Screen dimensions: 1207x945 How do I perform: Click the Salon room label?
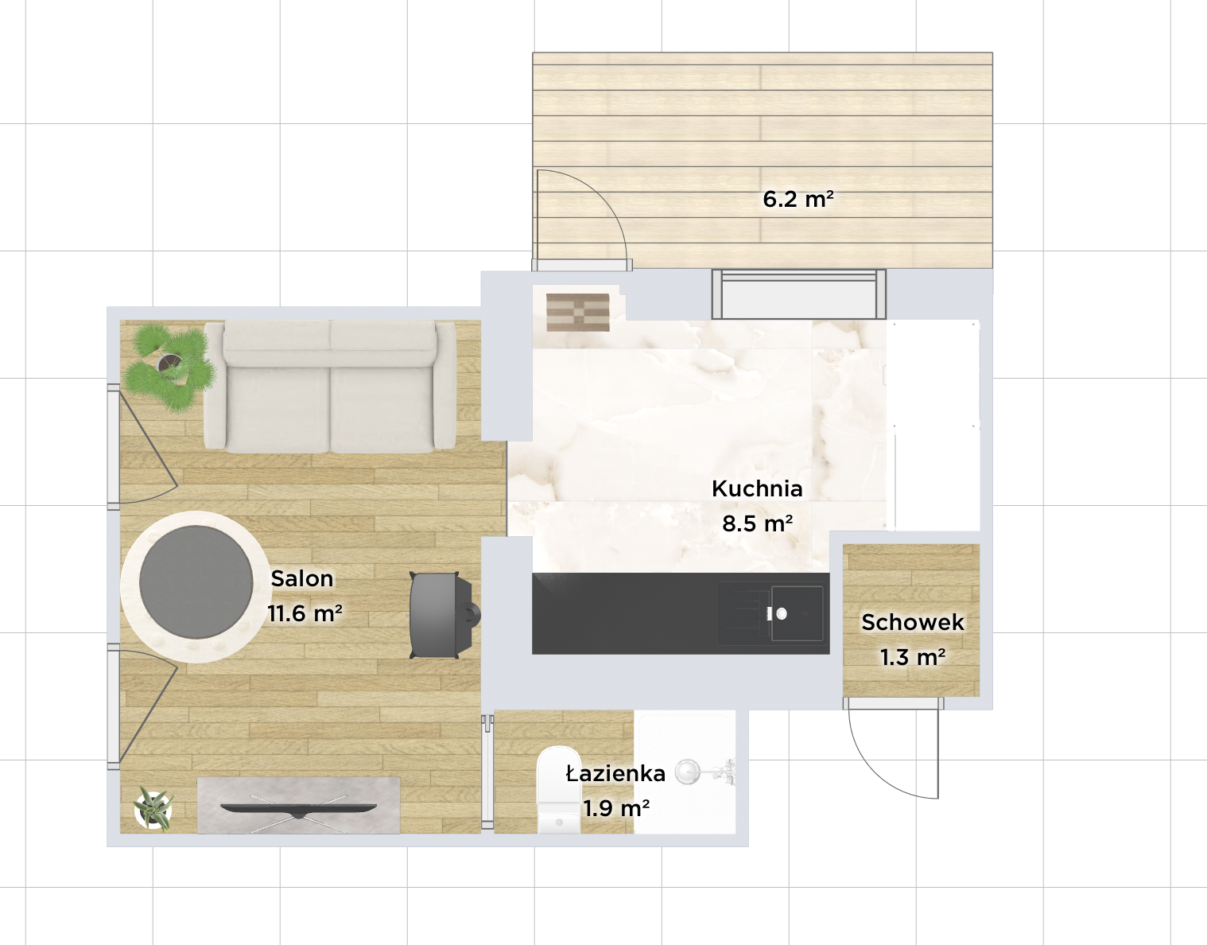point(301,579)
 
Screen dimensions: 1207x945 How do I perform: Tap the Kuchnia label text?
point(757,489)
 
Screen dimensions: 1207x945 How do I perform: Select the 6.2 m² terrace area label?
point(798,199)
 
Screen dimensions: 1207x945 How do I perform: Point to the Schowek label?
point(913,622)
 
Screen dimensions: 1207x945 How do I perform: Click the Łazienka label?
point(615,773)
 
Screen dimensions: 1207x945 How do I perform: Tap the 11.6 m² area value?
point(305,613)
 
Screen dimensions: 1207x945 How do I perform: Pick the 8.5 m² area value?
point(757,523)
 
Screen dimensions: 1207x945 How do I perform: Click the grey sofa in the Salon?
point(330,386)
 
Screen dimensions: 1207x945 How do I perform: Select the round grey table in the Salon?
point(196,581)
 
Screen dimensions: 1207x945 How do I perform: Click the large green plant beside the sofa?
point(169,367)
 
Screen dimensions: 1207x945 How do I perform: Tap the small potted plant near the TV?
point(153,810)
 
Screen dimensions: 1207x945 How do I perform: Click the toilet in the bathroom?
point(559,790)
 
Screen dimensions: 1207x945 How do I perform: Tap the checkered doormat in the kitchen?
point(578,313)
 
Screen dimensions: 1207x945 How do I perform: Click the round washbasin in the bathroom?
point(688,772)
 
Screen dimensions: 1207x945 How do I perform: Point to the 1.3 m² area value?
point(913,657)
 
